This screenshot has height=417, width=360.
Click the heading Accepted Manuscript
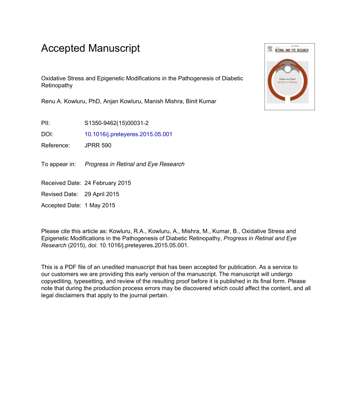point(91,48)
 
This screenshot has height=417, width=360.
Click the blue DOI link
point(128,134)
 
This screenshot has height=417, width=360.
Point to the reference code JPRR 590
point(98,145)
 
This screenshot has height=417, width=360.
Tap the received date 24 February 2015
point(108,183)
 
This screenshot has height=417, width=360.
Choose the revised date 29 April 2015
point(102,194)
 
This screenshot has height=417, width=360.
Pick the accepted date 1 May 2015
point(100,205)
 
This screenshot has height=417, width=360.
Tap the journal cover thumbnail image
point(290,77)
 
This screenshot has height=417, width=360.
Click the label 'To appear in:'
point(58,164)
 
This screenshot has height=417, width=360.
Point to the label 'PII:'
point(45,123)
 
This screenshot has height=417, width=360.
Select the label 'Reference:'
point(55,145)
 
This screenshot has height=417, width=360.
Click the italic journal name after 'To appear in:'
point(135,164)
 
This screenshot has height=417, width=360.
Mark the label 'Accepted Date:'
point(61,205)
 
